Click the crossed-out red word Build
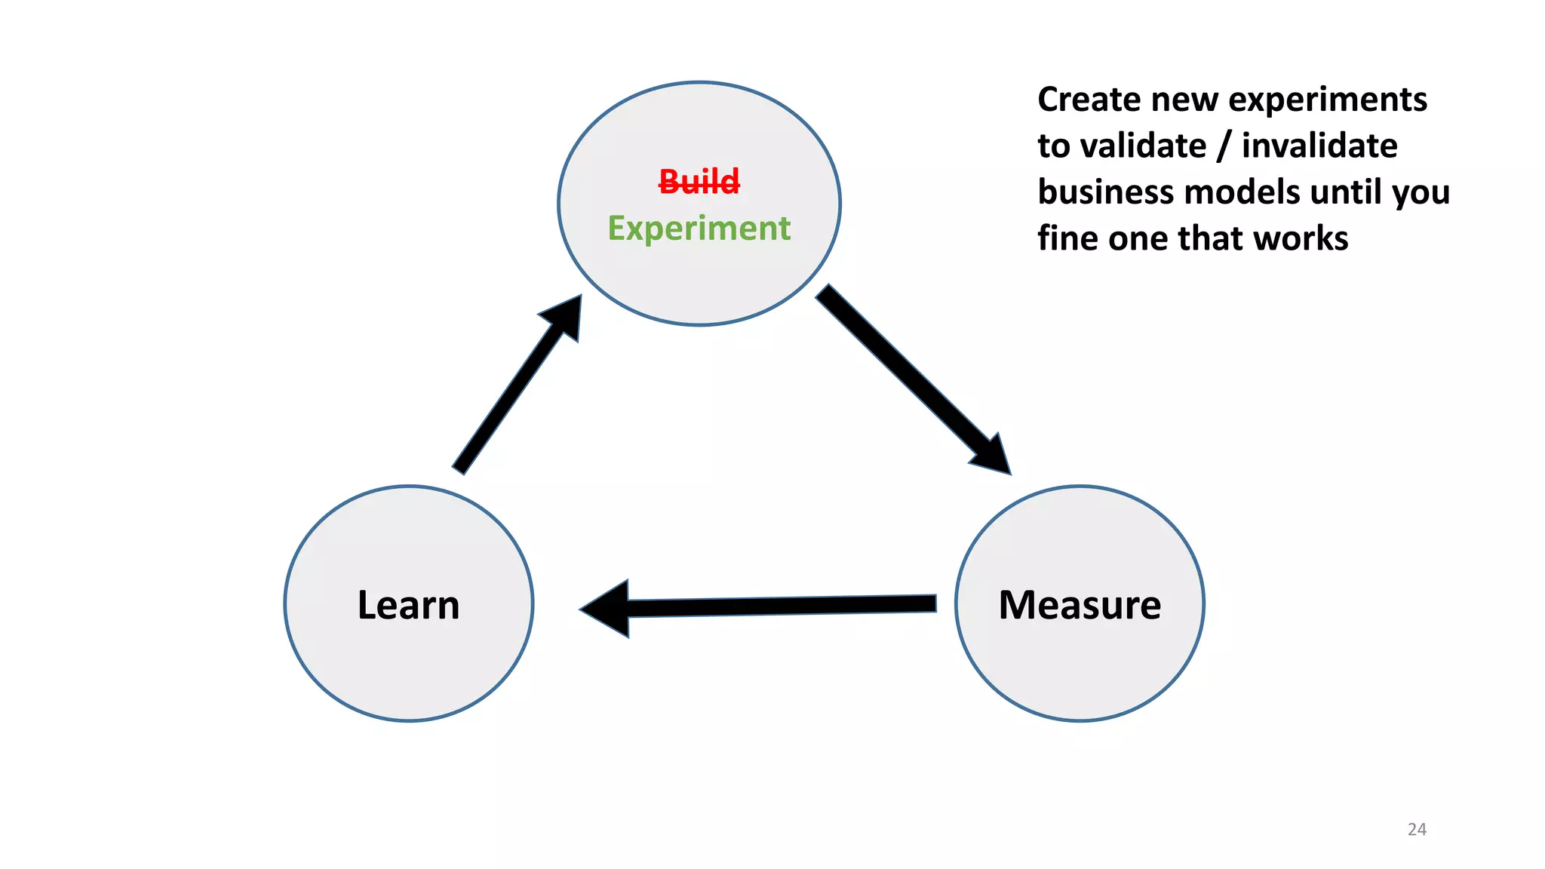(x=699, y=182)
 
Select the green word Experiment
(x=699, y=229)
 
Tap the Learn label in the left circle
(x=408, y=605)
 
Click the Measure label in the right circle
(x=1080, y=605)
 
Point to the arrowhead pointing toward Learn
(x=608, y=609)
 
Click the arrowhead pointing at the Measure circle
(x=993, y=456)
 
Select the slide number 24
(x=1417, y=829)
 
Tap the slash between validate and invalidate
(x=1224, y=146)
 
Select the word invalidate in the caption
(x=1319, y=146)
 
